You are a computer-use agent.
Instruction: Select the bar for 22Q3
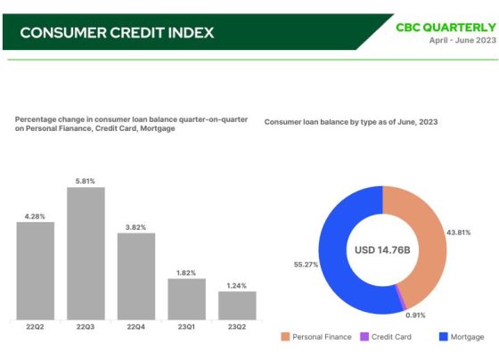[x=86, y=253]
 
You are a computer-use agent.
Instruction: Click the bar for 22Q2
[x=36, y=271]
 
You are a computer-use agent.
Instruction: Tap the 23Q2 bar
[x=237, y=306]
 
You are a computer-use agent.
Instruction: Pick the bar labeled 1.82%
[x=187, y=299]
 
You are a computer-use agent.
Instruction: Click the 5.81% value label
[x=86, y=181]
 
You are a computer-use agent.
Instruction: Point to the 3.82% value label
[x=135, y=227]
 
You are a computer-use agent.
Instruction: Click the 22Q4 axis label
[x=135, y=327]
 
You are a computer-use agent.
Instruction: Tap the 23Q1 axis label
[x=186, y=327]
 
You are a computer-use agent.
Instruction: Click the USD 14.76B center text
[x=382, y=250]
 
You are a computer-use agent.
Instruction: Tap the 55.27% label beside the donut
[x=306, y=265]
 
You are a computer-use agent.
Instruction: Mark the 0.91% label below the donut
[x=415, y=315]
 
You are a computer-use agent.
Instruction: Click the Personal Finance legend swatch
[x=285, y=337]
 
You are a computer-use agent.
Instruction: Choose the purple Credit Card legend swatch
[x=364, y=337]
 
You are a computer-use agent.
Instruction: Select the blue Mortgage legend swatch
[x=444, y=337]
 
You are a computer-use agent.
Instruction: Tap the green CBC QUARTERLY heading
[x=446, y=28]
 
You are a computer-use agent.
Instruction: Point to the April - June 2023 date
[x=462, y=40]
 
